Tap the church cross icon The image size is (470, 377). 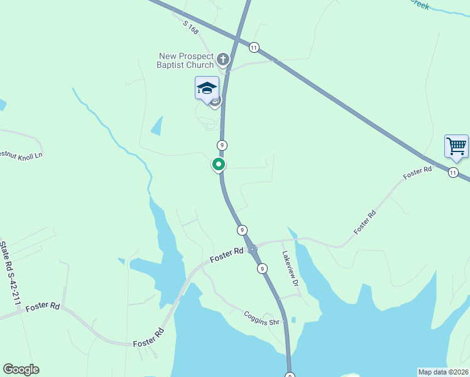[x=224, y=60]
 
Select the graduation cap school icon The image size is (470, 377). [x=207, y=89]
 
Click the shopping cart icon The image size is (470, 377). [x=456, y=146]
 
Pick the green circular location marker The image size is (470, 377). [x=219, y=165]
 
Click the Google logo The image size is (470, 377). [x=21, y=369]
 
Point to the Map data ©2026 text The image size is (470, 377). [x=443, y=372]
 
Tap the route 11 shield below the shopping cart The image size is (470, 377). [x=453, y=173]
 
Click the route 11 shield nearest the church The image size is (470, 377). [x=254, y=47]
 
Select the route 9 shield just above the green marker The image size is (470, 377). [x=222, y=145]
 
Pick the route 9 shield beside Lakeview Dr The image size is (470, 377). [x=261, y=268]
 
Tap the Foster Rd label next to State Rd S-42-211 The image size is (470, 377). [x=43, y=306]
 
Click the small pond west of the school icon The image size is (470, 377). [x=157, y=126]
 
